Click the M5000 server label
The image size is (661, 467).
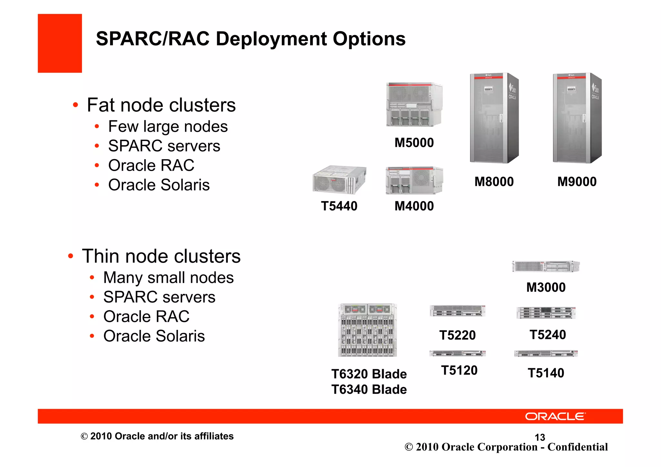click(414, 143)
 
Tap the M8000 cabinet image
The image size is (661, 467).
click(494, 118)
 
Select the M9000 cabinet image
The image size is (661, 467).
click(577, 118)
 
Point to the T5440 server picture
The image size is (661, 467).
click(339, 180)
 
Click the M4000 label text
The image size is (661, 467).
click(414, 206)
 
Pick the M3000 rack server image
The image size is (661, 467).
click(546, 266)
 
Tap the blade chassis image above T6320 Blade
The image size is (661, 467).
click(367, 330)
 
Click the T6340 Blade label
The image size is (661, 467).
click(369, 389)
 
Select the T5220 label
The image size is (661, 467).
click(457, 335)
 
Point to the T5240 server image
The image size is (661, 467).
click(546, 313)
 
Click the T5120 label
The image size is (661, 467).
click(459, 370)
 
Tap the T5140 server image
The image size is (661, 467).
click(546, 353)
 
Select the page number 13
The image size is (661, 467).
click(540, 437)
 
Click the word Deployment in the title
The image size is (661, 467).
click(271, 39)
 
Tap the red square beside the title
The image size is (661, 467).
click(60, 43)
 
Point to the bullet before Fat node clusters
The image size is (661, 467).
click(76, 105)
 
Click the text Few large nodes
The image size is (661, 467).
click(168, 127)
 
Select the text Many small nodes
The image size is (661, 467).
click(168, 278)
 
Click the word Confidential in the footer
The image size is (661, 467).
click(577, 447)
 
